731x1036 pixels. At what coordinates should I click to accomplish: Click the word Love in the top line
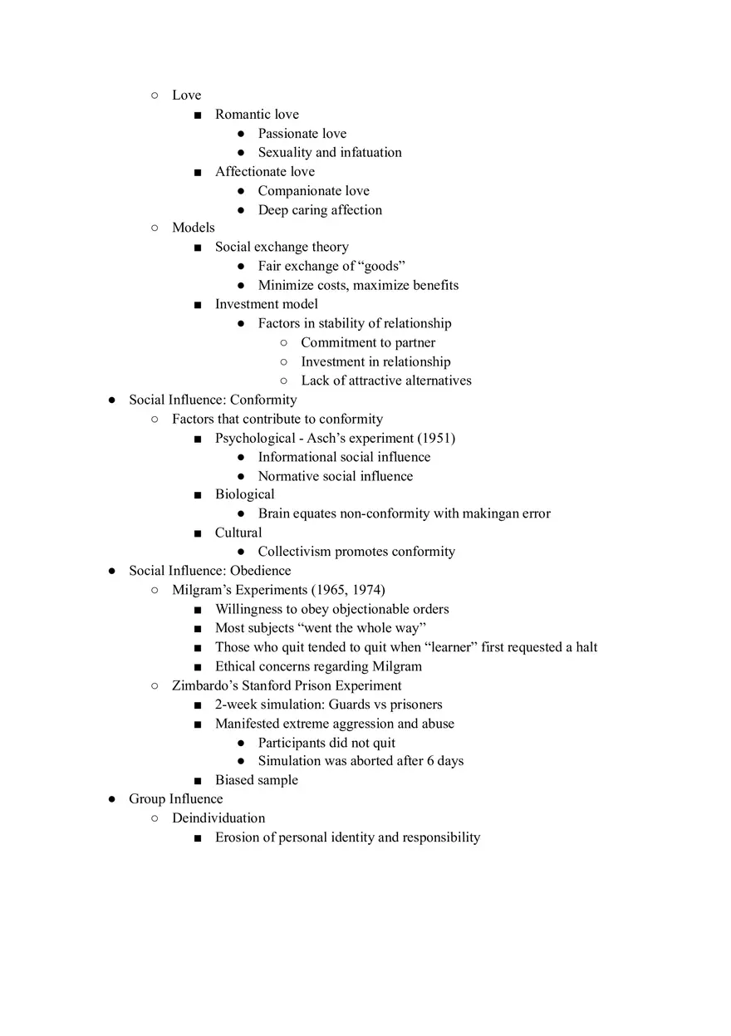pyautogui.click(x=186, y=96)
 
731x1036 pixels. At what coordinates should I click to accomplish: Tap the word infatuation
pyautogui.click(x=370, y=153)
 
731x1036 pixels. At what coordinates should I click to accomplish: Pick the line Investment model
pyautogui.click(x=266, y=304)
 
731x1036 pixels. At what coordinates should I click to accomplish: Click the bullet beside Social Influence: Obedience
pyautogui.click(x=112, y=572)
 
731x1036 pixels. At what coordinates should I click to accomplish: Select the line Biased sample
pyautogui.click(x=256, y=781)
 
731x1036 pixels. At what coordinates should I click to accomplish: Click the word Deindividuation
pyautogui.click(x=218, y=819)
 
